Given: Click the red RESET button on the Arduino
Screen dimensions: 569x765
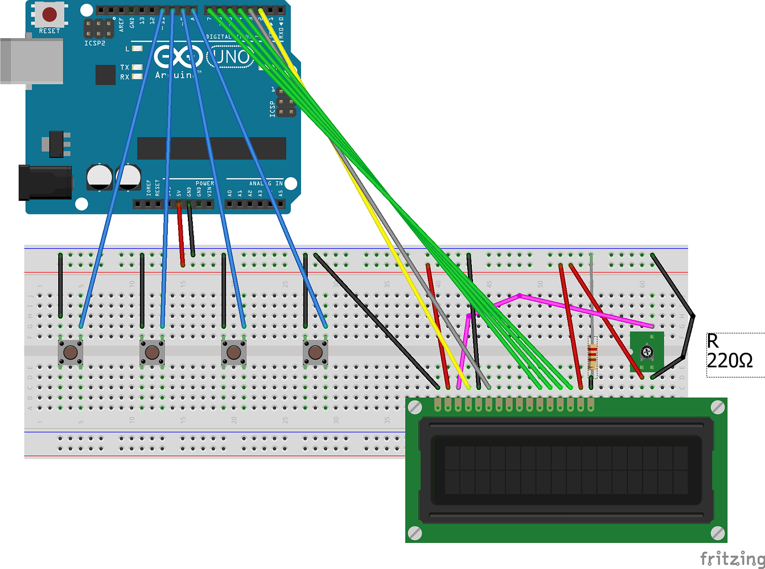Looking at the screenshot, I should pyautogui.click(x=50, y=14).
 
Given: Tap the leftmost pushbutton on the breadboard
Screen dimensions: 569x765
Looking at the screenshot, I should pyautogui.click(x=71, y=352).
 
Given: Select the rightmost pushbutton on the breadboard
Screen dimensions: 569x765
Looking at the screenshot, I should pyautogui.click(x=315, y=352).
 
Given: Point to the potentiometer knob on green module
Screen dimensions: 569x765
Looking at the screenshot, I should pyautogui.click(x=647, y=353).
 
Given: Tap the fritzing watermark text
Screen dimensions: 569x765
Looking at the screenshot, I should pyautogui.click(x=732, y=558).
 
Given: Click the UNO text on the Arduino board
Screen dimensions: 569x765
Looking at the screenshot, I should pyautogui.click(x=229, y=57).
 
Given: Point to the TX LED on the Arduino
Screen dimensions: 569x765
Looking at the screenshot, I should pyautogui.click(x=137, y=67).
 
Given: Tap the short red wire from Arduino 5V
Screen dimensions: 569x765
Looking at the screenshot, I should pyautogui.click(x=180, y=233).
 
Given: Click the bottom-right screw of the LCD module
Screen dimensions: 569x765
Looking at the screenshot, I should pyautogui.click(x=718, y=533).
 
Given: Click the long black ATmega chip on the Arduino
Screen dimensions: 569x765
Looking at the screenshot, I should pyautogui.click(x=211, y=149).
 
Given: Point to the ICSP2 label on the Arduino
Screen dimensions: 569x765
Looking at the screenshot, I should pyautogui.click(x=94, y=43).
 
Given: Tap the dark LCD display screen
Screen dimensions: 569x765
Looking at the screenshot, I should pyautogui.click(x=566, y=470).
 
